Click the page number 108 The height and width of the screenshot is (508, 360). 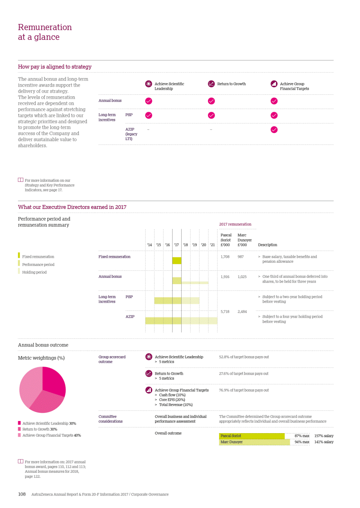pos(22,494)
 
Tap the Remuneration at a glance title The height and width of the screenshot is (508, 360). pos(45,32)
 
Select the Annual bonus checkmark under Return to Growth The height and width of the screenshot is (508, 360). pos(211,101)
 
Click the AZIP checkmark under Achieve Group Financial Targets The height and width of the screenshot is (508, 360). pos(274,130)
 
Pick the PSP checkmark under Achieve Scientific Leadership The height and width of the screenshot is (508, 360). pos(149,115)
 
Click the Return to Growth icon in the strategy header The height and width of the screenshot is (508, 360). pos(211,84)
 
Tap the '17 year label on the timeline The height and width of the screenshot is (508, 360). pos(176,245)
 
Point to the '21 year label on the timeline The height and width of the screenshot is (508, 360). pos(212,245)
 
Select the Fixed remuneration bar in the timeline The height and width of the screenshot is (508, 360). pos(177,261)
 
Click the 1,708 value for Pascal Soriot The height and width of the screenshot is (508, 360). pos(225,257)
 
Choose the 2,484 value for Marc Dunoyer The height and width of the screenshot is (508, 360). pos(242,312)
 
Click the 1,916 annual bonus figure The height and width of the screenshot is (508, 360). pos(225,277)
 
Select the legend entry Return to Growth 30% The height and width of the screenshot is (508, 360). pos(40,429)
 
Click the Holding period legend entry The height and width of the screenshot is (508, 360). pos(34,272)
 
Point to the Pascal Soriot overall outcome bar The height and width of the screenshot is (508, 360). pos(252,436)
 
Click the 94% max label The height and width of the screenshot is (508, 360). pos(302,442)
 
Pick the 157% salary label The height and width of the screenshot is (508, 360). pos(324,436)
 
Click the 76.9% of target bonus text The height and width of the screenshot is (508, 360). pos(244,390)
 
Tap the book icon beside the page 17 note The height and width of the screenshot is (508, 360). pos(21,180)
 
